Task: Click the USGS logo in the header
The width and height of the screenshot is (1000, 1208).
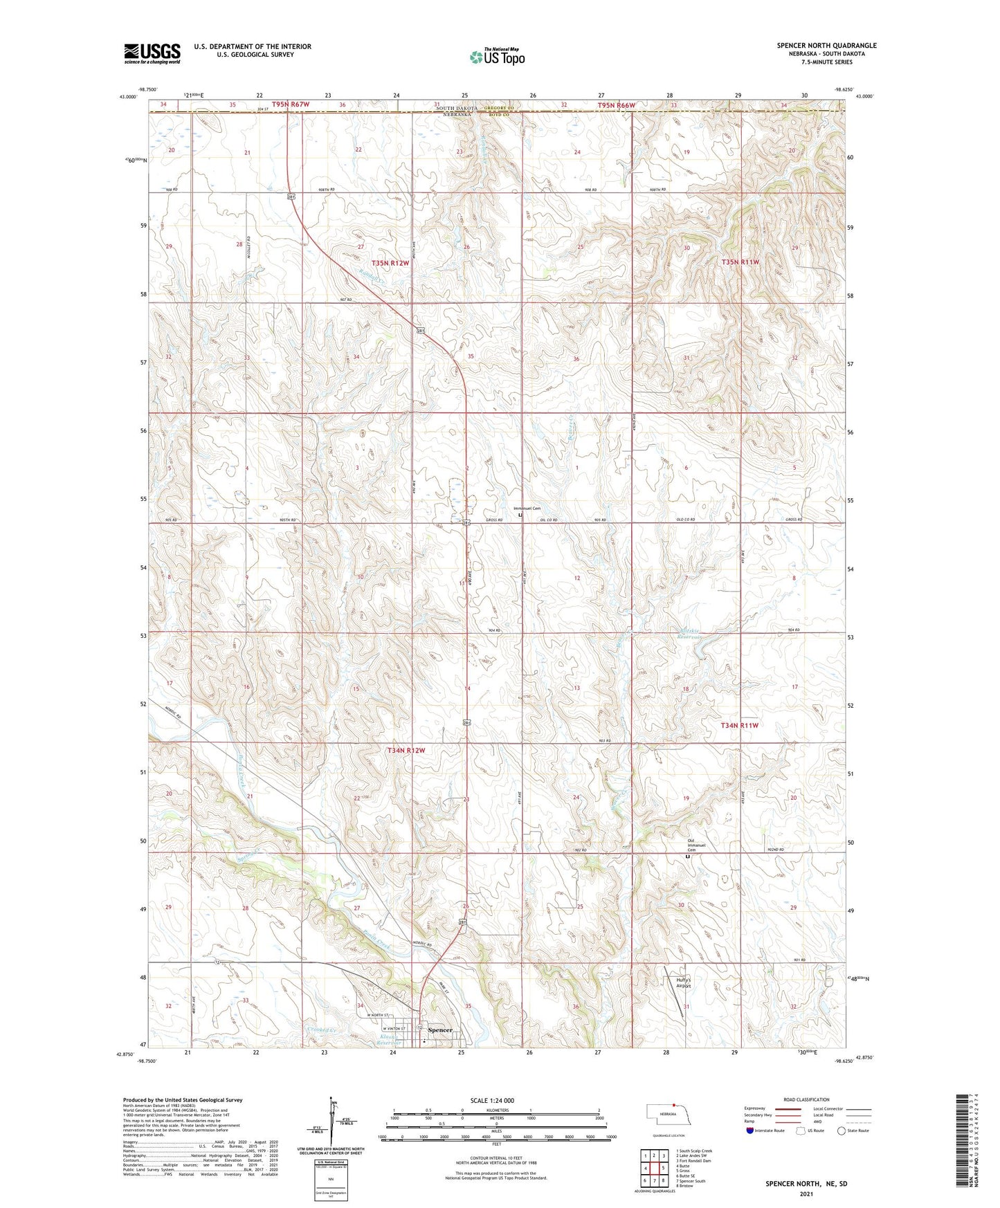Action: coord(152,53)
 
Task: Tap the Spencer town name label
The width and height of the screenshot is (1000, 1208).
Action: coord(440,1030)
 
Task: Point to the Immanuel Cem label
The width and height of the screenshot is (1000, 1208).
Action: coord(527,509)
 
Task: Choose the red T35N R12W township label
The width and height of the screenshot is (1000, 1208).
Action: coord(390,264)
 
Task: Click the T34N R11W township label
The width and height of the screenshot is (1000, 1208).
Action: coord(740,725)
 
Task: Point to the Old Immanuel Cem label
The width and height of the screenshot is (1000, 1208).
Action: coord(696,845)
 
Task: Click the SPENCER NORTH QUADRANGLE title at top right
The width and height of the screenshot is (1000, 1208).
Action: coord(826,46)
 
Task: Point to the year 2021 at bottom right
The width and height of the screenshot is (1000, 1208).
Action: coord(806,1194)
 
